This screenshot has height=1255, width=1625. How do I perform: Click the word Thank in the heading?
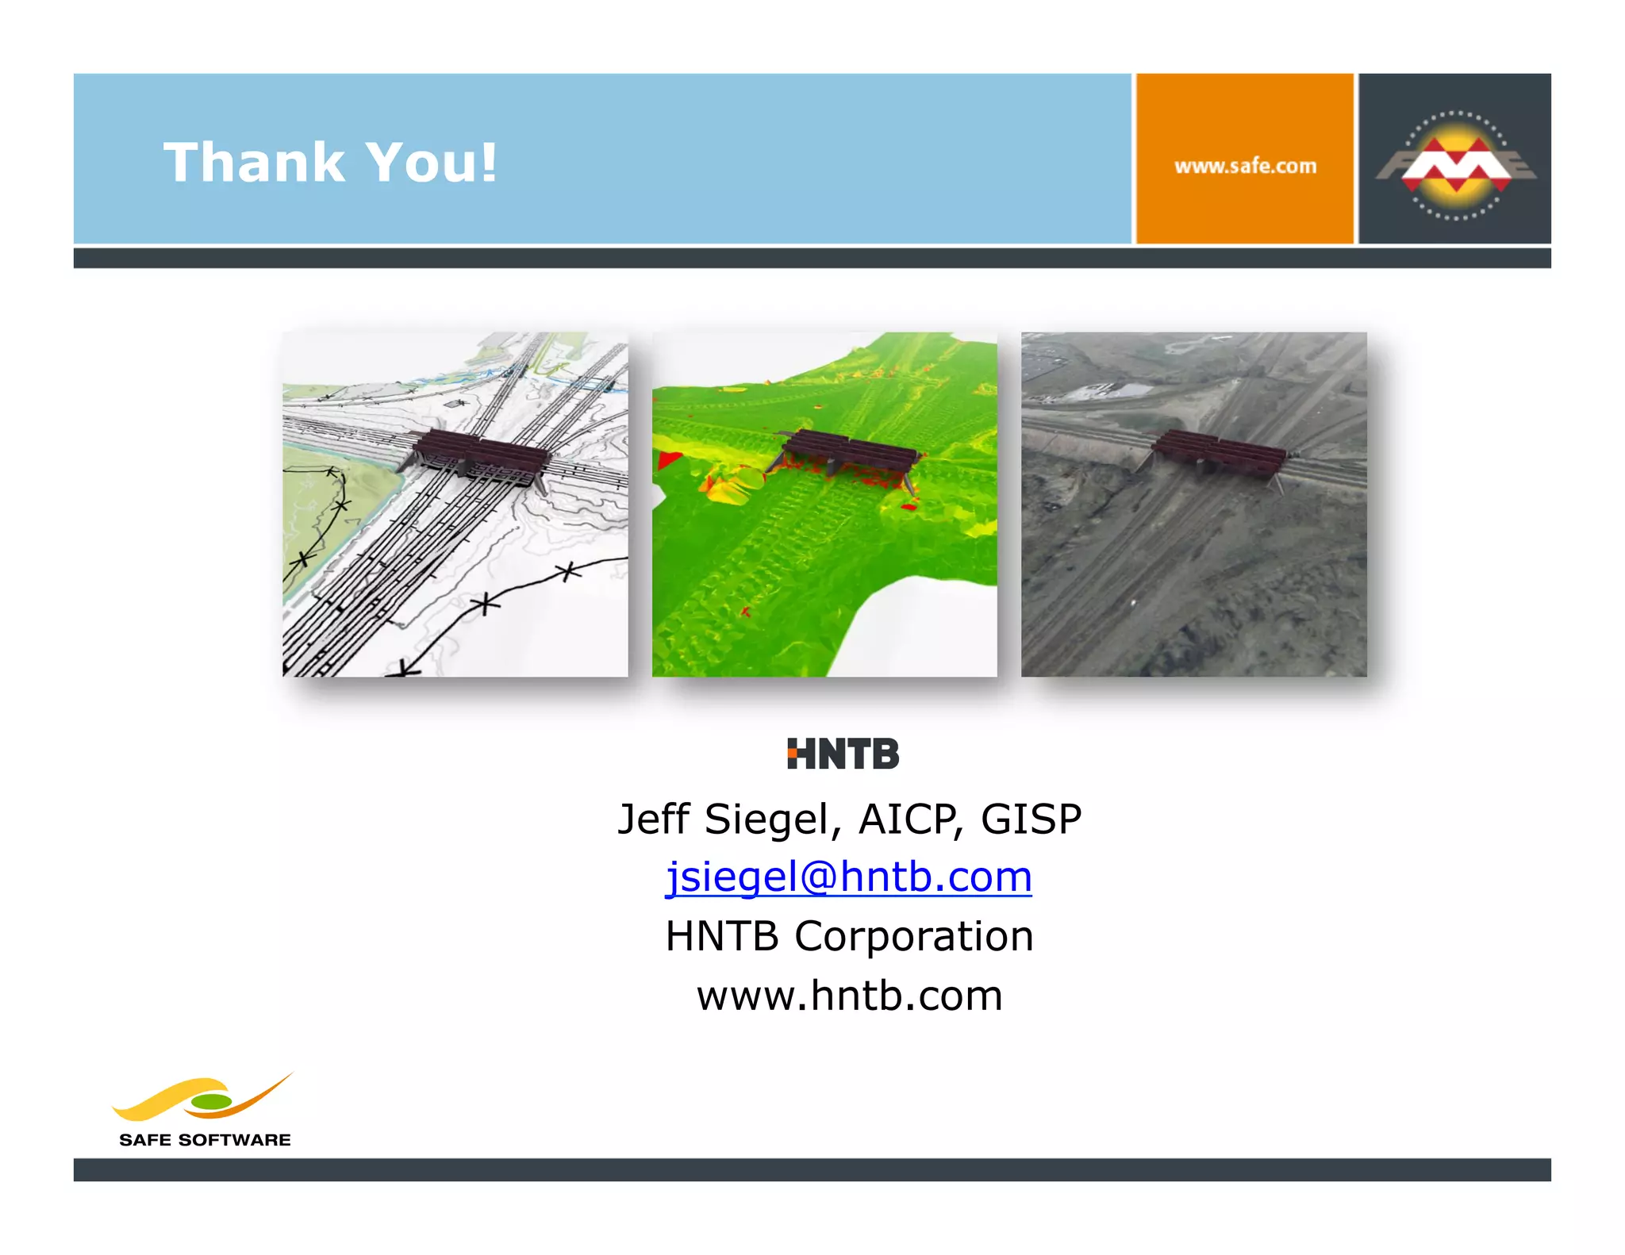pyautogui.click(x=254, y=163)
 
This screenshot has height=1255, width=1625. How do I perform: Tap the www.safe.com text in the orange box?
pyautogui.click(x=1244, y=167)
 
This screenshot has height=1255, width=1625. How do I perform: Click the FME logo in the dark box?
pyautogui.click(x=1455, y=165)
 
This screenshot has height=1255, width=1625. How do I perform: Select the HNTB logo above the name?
pyautogui.click(x=843, y=754)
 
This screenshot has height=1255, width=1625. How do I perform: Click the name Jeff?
pyautogui.click(x=653, y=819)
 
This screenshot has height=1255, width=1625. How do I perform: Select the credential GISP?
pyautogui.click(x=1031, y=819)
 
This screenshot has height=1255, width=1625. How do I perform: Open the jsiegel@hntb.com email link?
pyautogui.click(x=848, y=877)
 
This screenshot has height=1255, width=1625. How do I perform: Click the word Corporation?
pyautogui.click(x=913, y=936)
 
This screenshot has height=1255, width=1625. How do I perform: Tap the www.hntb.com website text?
pyautogui.click(x=849, y=996)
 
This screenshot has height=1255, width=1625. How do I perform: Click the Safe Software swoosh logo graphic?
pyautogui.click(x=202, y=1099)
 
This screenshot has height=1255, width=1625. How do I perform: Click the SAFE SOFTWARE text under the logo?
pyautogui.click(x=205, y=1140)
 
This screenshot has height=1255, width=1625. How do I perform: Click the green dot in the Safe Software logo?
pyautogui.click(x=211, y=1102)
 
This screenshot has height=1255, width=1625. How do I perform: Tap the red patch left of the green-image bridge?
pyautogui.click(x=669, y=459)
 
